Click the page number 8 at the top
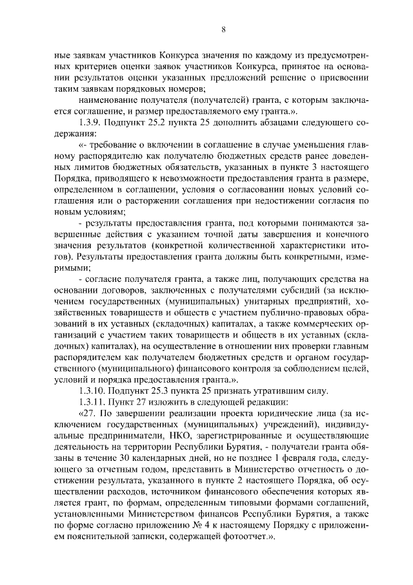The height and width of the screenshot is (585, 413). [222, 29]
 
